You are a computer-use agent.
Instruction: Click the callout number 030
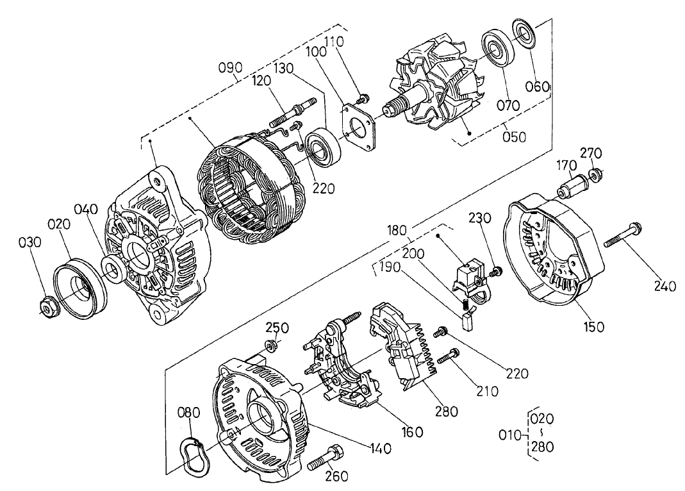[29, 243]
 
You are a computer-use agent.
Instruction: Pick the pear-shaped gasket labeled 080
[190, 453]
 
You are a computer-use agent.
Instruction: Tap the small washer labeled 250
[270, 346]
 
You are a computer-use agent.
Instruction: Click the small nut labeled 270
[596, 174]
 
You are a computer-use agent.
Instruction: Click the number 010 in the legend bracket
[512, 436]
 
